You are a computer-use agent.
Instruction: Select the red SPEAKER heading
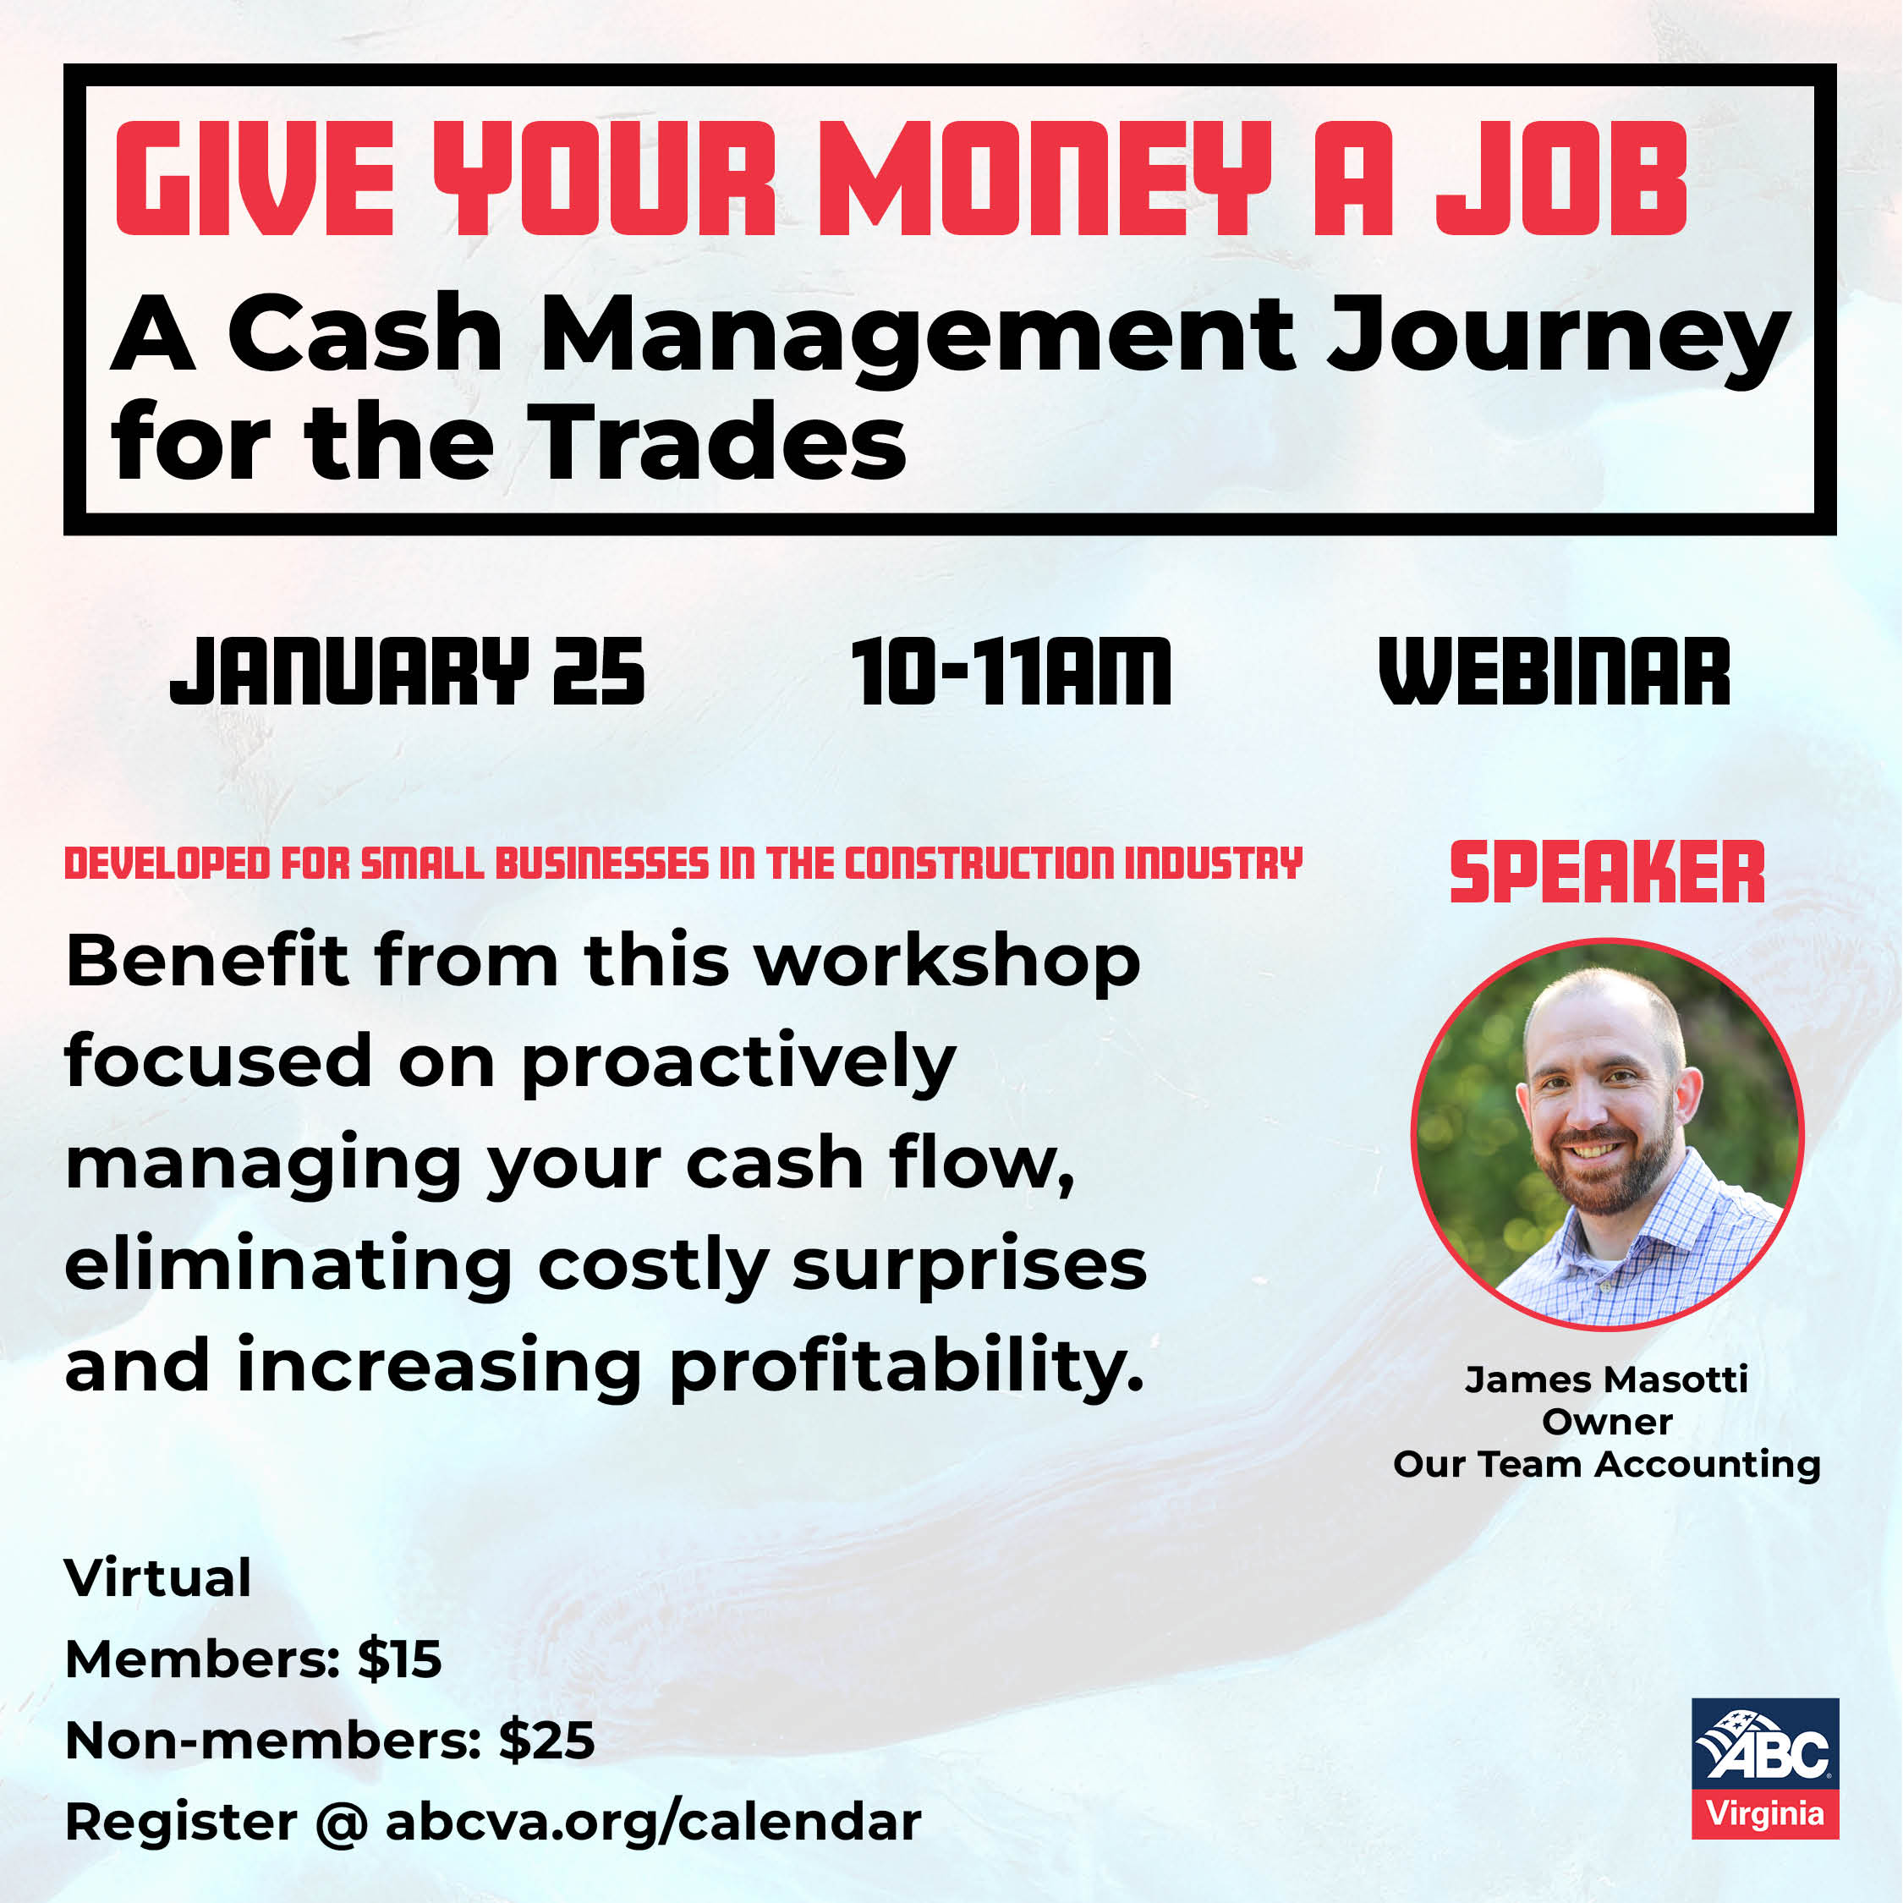pyautogui.click(x=1606, y=873)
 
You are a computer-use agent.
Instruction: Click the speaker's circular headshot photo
pyautogui.click(x=1606, y=1133)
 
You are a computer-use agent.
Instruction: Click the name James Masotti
pyautogui.click(x=1606, y=1379)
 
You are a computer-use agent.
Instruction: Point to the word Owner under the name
pyautogui.click(x=1606, y=1422)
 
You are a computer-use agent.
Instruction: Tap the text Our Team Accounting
pyautogui.click(x=1606, y=1464)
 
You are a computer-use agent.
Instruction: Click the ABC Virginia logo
pyautogui.click(x=1765, y=1767)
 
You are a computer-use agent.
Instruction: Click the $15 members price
pyautogui.click(x=399, y=1659)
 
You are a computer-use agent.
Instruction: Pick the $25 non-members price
pyautogui.click(x=546, y=1741)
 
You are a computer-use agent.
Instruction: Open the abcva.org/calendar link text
pyautogui.click(x=653, y=1823)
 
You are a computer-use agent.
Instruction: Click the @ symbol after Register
pyautogui.click(x=342, y=1823)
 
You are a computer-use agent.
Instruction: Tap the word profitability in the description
pyautogui.click(x=906, y=1368)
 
